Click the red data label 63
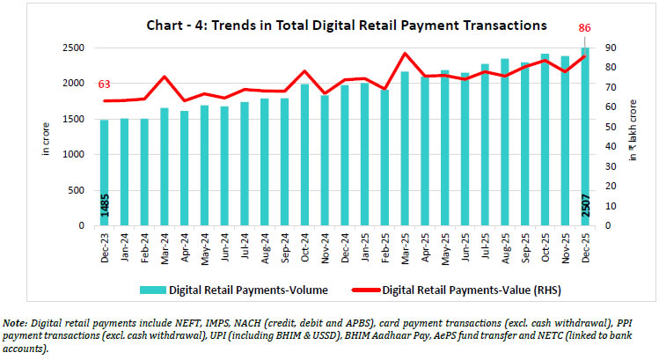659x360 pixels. point(104,85)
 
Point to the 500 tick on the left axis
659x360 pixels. point(77,190)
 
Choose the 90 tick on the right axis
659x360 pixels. point(609,48)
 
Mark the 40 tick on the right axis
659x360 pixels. point(609,146)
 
